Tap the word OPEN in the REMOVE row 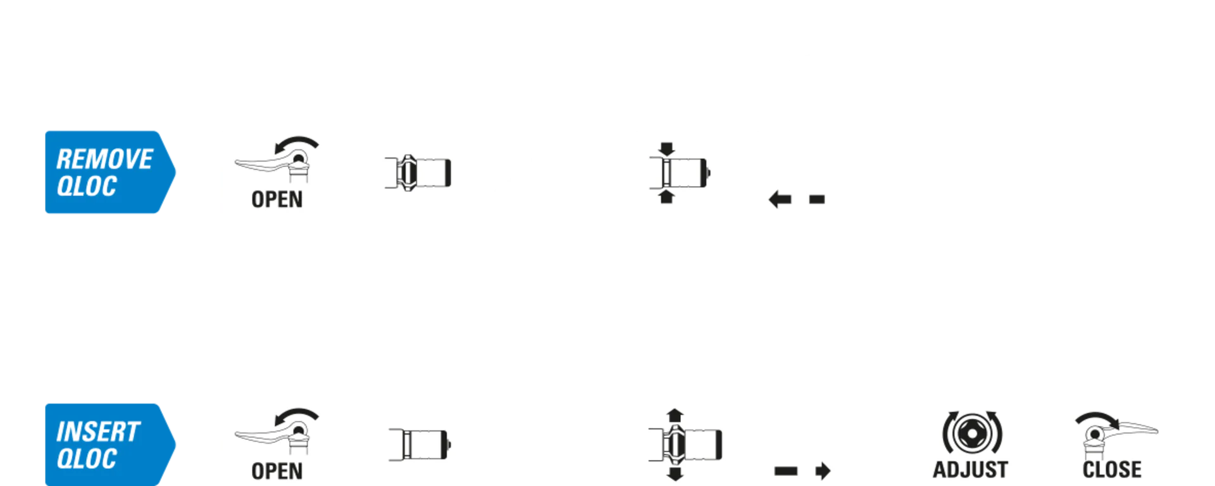(277, 199)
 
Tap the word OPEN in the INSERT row (277, 471)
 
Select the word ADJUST (970, 470)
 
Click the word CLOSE (1112, 470)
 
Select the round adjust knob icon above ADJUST (971, 433)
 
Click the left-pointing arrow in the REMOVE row (780, 199)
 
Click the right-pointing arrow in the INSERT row (823, 471)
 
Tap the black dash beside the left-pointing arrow (817, 199)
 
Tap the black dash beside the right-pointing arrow (786, 471)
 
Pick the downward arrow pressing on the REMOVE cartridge (666, 149)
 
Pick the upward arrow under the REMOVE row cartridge (666, 197)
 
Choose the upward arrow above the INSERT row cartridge (675, 415)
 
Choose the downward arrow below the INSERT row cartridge (675, 474)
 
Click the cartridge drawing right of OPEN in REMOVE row (418, 173)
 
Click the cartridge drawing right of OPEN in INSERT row (420, 444)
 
